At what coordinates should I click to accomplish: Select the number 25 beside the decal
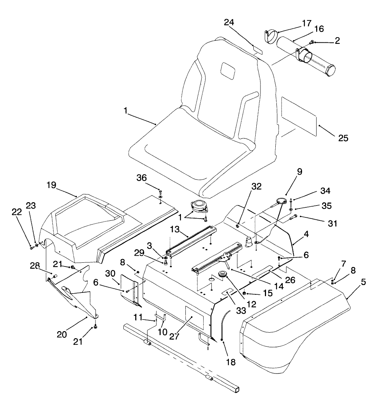[343, 138]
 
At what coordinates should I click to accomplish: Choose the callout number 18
[230, 362]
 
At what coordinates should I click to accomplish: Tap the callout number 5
[363, 282]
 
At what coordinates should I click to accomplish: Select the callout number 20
[67, 334]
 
